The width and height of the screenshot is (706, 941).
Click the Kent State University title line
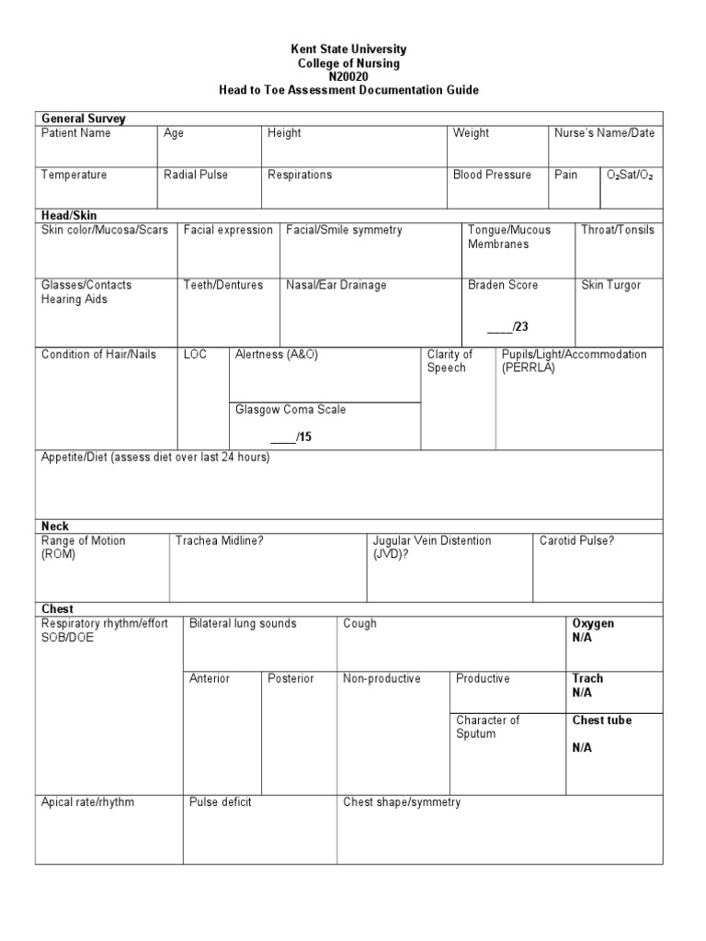[x=347, y=49]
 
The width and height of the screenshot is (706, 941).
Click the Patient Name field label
[x=76, y=133]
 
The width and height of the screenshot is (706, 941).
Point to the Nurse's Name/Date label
[x=604, y=133]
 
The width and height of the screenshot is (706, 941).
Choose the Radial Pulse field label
[x=196, y=175]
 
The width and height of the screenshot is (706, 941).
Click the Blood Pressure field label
[x=492, y=175]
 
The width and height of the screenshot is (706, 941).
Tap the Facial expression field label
[x=228, y=230]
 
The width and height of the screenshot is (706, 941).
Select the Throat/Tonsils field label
[x=618, y=230]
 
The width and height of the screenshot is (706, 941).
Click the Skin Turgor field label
[x=611, y=285]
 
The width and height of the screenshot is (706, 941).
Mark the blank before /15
[x=281, y=437]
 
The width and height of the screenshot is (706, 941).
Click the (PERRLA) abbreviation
[x=529, y=368]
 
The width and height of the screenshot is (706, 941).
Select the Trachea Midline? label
[x=220, y=541]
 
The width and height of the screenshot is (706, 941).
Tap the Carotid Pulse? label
[x=577, y=541]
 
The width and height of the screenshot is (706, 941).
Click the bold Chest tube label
[x=602, y=720]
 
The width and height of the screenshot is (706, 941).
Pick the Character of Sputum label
[x=487, y=727]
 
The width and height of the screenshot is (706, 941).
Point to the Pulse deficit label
[x=221, y=802]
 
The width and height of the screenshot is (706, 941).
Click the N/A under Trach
[x=582, y=693]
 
